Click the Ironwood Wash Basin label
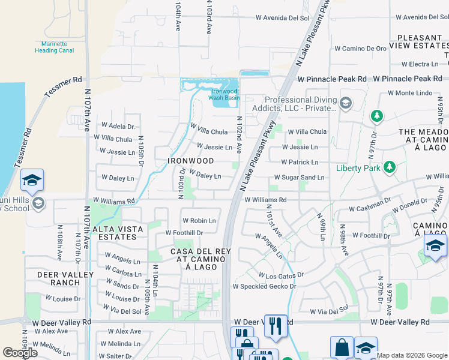(224, 94)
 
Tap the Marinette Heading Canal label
(54, 47)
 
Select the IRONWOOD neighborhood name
(191, 161)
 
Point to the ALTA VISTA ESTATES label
(118, 233)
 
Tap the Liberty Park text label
(358, 168)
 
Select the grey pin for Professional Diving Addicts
(345, 104)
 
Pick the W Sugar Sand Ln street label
(299, 178)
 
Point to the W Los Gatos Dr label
(281, 275)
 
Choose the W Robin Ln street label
(199, 221)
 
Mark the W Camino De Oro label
(360, 48)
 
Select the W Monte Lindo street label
(409, 93)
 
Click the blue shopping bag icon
(342, 347)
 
